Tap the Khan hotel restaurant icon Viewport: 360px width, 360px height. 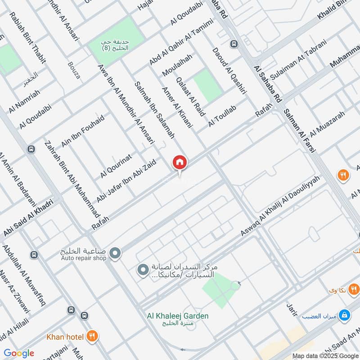93,336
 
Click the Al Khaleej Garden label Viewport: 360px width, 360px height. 178,316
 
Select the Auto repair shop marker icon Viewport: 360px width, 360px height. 115,253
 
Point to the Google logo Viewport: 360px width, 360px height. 18,353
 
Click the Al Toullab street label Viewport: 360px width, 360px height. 222,116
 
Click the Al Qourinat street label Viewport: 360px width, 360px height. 116,165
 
